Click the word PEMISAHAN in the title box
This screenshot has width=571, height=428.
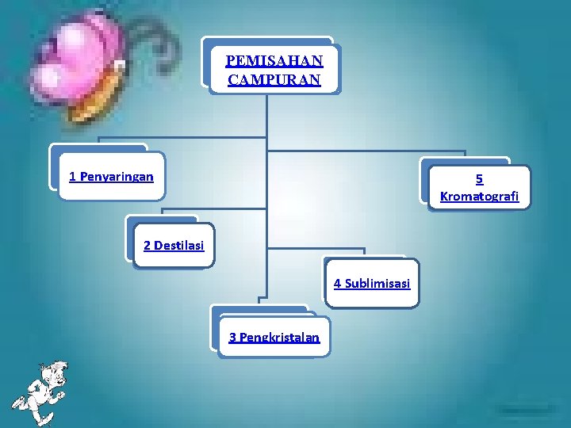(x=274, y=61)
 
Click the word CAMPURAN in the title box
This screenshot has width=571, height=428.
(x=274, y=79)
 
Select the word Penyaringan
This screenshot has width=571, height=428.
(x=117, y=176)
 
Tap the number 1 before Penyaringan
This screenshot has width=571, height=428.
(x=73, y=176)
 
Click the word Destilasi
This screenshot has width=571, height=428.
(x=179, y=245)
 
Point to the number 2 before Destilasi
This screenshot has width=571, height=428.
(x=148, y=245)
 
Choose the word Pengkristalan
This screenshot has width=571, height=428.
(x=279, y=337)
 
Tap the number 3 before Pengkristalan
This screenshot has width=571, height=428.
(x=232, y=337)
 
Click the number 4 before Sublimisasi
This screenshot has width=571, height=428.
(x=338, y=283)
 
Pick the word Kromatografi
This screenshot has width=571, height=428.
(x=480, y=197)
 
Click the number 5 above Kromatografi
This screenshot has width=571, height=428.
(x=480, y=179)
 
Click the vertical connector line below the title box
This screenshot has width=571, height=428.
(x=267, y=119)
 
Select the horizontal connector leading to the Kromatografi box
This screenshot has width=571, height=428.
(x=365, y=151)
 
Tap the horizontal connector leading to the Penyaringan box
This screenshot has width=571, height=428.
(x=206, y=139)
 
